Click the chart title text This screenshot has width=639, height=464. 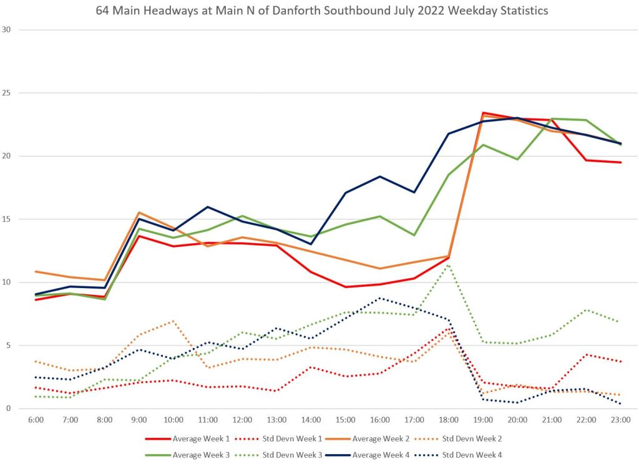click(x=319, y=11)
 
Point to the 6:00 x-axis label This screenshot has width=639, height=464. click(x=36, y=420)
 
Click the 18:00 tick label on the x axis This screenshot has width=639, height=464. click(x=449, y=420)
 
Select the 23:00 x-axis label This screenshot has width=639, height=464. click(x=620, y=420)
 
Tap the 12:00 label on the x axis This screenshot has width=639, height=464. click(x=242, y=420)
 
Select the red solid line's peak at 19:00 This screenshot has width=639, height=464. click(x=483, y=113)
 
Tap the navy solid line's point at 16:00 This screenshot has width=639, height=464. click(x=380, y=176)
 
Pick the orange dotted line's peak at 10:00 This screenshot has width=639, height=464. click(x=173, y=321)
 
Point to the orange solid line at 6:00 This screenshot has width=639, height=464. click(x=36, y=271)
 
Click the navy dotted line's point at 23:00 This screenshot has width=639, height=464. click(x=620, y=404)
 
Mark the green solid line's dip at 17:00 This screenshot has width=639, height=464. click(x=414, y=235)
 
